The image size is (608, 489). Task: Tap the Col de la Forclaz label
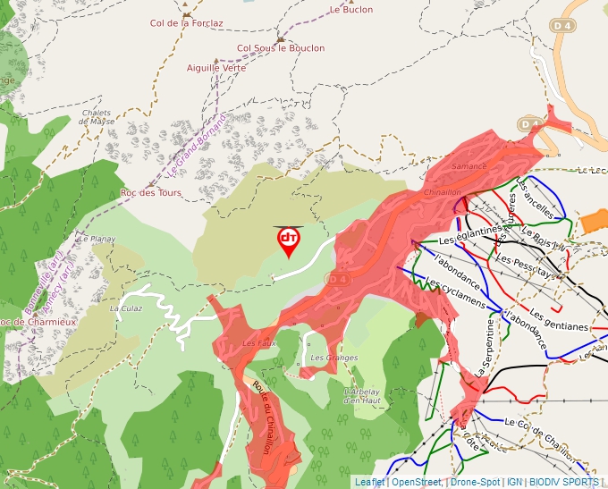pos(186,24)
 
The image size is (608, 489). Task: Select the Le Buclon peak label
pos(350,10)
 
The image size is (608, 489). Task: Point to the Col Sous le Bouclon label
pos(281,48)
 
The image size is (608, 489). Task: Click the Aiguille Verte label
pos(216,68)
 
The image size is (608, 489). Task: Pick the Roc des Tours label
pos(150,193)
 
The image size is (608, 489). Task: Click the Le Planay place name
pos(97,240)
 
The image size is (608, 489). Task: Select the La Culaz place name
pos(126,308)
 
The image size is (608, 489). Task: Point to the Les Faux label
pos(258,342)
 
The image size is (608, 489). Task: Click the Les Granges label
pos(334,358)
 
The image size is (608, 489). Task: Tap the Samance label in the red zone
pos(469,166)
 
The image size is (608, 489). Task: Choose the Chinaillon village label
pos(443,192)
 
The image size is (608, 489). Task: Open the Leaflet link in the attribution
pos(368,482)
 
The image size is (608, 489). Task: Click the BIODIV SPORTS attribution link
pos(563,482)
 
